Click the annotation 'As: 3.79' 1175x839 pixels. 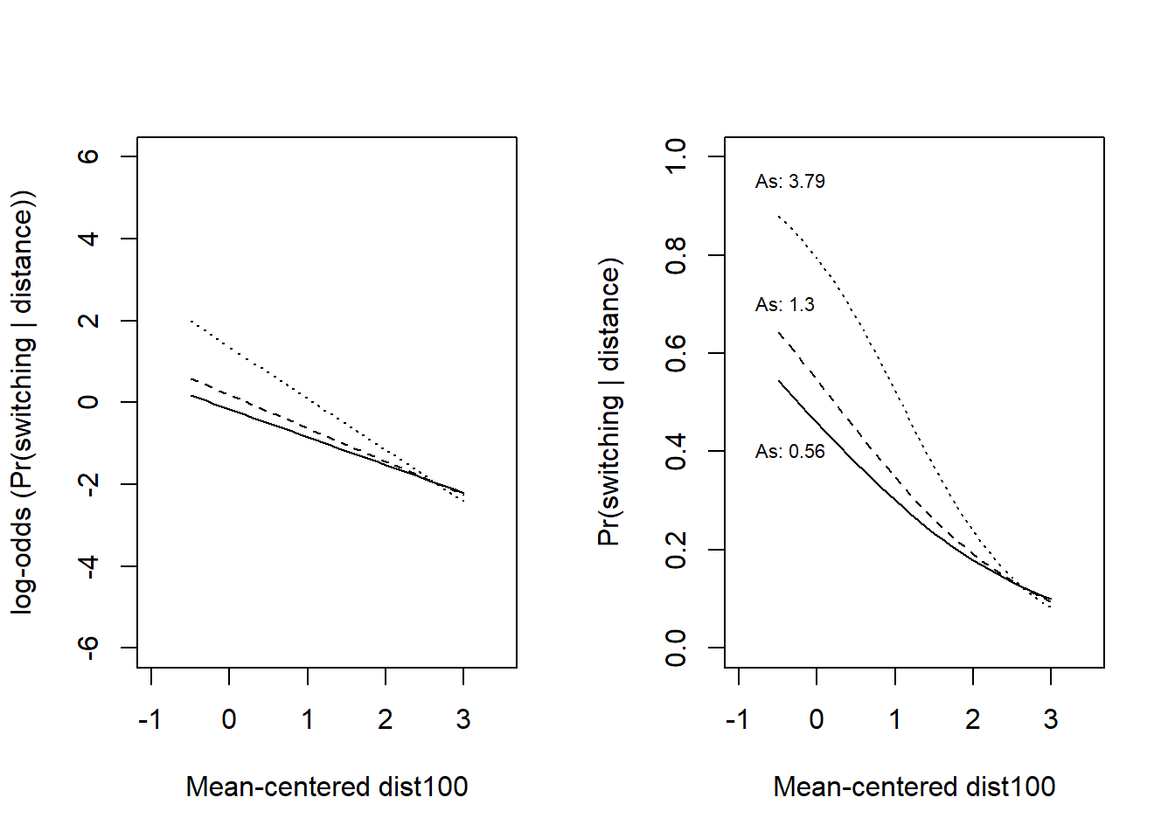[789, 182]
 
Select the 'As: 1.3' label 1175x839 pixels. [784, 305]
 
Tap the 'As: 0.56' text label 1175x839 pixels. [789, 452]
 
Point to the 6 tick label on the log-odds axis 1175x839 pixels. [88, 156]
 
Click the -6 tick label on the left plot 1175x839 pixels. [88, 648]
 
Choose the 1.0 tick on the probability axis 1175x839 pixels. [676, 156]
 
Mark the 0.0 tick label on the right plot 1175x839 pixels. [676, 648]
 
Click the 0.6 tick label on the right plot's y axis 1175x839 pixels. [676, 353]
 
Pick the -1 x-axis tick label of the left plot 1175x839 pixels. [150, 719]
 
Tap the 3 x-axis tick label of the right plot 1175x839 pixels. [1051, 719]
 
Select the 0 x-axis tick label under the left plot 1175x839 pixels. [229, 719]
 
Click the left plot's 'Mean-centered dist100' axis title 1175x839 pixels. [327, 787]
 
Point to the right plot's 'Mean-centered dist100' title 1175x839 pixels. [914, 787]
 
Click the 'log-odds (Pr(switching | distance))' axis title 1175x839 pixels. [23, 402]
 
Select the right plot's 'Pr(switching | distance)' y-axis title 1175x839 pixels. [609, 402]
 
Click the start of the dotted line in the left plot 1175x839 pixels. [191, 321]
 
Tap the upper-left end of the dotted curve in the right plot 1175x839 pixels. [778, 215]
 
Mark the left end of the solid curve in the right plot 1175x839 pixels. [778, 381]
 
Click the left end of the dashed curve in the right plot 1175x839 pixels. [778, 332]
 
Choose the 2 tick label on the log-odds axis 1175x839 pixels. [88, 321]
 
